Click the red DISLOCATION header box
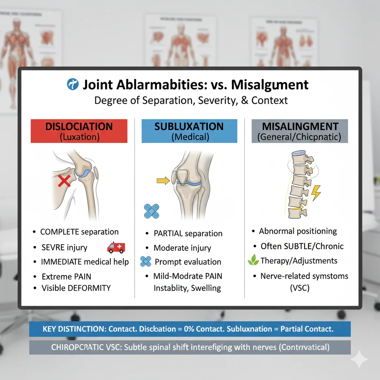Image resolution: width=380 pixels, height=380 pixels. point(79,131)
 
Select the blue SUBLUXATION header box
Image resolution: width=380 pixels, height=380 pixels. point(189,131)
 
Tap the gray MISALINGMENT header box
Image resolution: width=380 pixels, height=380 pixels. point(299,131)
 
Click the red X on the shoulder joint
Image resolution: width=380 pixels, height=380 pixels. point(65,181)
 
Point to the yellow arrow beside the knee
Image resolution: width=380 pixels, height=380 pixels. point(162,181)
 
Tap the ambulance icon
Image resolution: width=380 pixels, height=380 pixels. point(116,247)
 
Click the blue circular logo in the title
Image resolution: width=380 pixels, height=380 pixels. point(73,85)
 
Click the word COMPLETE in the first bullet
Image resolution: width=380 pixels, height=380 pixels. point(59,232)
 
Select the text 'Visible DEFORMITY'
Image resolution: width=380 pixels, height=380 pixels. point(76,288)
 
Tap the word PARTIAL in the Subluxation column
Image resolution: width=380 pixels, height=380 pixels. point(168,233)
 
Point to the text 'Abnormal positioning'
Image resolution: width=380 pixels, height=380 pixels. point(298,231)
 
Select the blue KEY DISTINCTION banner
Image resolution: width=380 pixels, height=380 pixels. point(189,329)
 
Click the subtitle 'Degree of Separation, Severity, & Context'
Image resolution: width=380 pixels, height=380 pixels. point(191,101)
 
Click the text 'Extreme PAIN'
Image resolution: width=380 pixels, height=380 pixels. point(66,276)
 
